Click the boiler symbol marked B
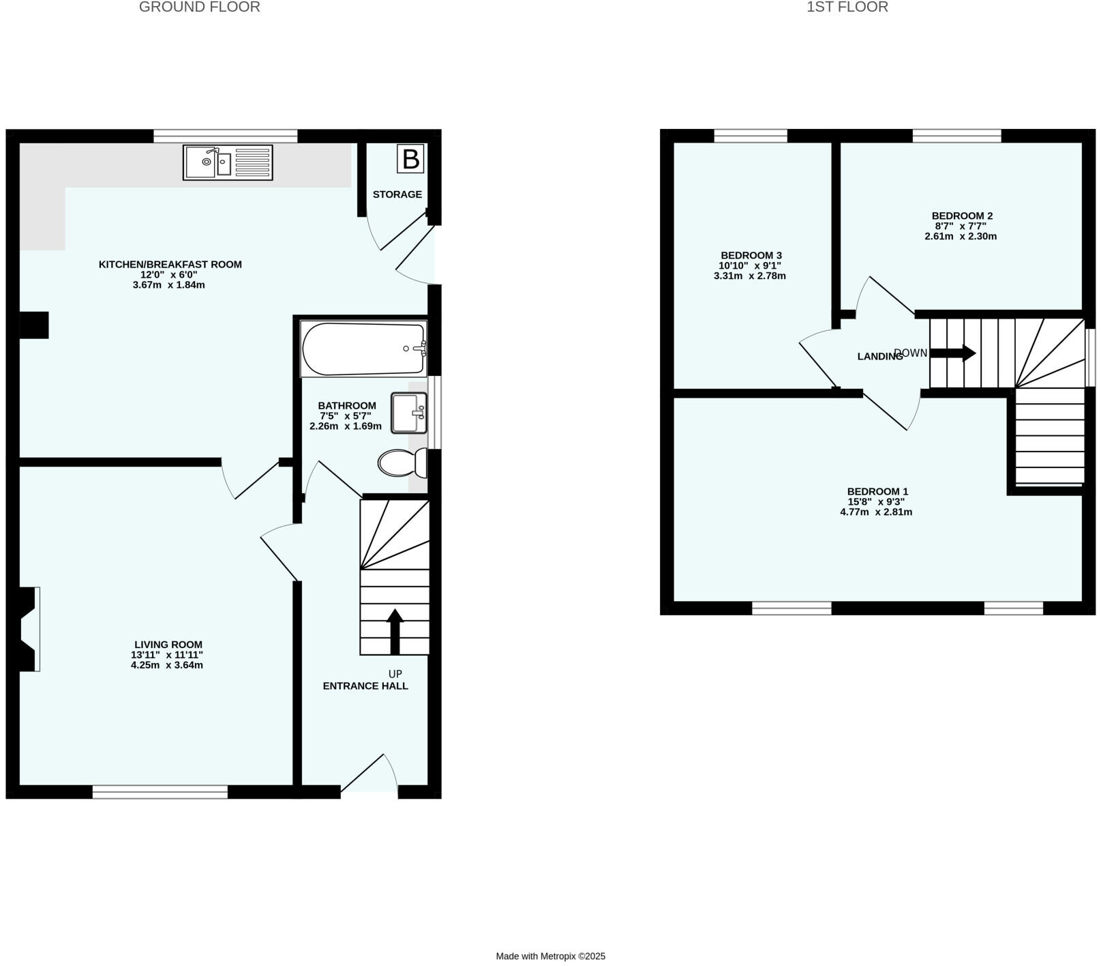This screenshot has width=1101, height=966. click(x=410, y=158)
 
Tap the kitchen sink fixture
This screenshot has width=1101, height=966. click(x=228, y=162)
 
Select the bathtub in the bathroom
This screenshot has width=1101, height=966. click(x=363, y=349)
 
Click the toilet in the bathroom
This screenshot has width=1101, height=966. click(x=400, y=463)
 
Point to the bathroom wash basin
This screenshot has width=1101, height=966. click(x=408, y=413)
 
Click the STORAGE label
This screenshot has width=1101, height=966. click(x=397, y=194)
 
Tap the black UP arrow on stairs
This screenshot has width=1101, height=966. click(x=395, y=631)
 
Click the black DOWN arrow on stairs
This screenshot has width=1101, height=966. click(x=953, y=353)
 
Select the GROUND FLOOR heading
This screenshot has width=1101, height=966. click(x=199, y=8)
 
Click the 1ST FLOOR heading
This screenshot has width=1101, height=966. click(x=847, y=8)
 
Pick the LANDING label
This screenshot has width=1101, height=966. click(x=879, y=356)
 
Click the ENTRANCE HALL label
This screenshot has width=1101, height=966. click(x=365, y=686)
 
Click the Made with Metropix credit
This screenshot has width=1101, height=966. click(x=550, y=956)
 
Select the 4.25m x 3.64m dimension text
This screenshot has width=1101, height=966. click(x=167, y=665)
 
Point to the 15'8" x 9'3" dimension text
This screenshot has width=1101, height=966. click(x=876, y=501)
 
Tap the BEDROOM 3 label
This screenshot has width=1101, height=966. click(x=751, y=256)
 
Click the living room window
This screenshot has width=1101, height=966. click(x=160, y=791)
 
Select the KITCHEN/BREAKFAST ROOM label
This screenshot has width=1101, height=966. click(x=170, y=265)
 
